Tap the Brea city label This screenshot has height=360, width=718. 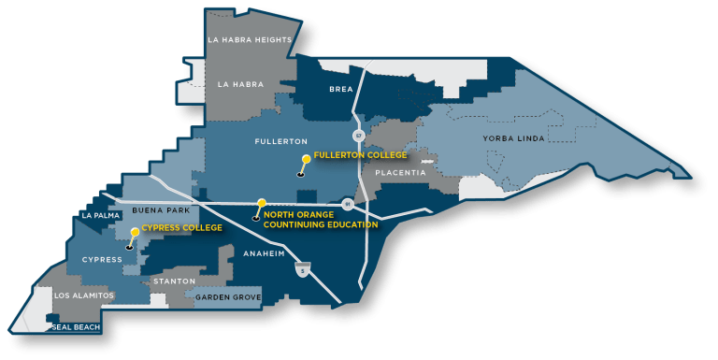pyautogui.click(x=340, y=89)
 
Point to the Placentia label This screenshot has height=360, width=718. pyautogui.click(x=400, y=173)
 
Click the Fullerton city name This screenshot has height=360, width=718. pyautogui.click(x=280, y=141)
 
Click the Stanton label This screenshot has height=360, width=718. pyautogui.click(x=173, y=281)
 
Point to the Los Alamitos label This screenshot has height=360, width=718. pyautogui.click(x=85, y=295)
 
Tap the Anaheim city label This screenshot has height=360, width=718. pyautogui.click(x=263, y=253)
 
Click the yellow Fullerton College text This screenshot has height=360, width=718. pyautogui.click(x=361, y=155)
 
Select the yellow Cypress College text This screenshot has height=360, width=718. pyautogui.click(x=181, y=227)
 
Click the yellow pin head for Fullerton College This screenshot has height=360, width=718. pyautogui.click(x=307, y=159)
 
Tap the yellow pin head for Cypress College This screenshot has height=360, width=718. pyautogui.click(x=135, y=231)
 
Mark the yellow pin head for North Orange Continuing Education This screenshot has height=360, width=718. pyautogui.click(x=262, y=202)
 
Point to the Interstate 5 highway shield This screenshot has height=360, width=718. pyautogui.click(x=301, y=269)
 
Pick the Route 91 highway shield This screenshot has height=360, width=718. pyautogui.click(x=347, y=203)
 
